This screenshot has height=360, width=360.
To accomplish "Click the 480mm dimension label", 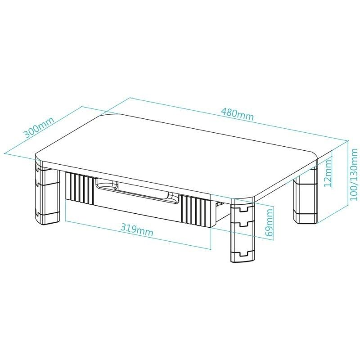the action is coord(238,114).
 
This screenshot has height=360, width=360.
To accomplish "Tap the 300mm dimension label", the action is coord(39,127).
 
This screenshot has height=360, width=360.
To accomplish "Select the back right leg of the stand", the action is coord(305,195).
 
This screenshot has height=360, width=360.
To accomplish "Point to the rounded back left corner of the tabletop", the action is coord(108,115).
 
